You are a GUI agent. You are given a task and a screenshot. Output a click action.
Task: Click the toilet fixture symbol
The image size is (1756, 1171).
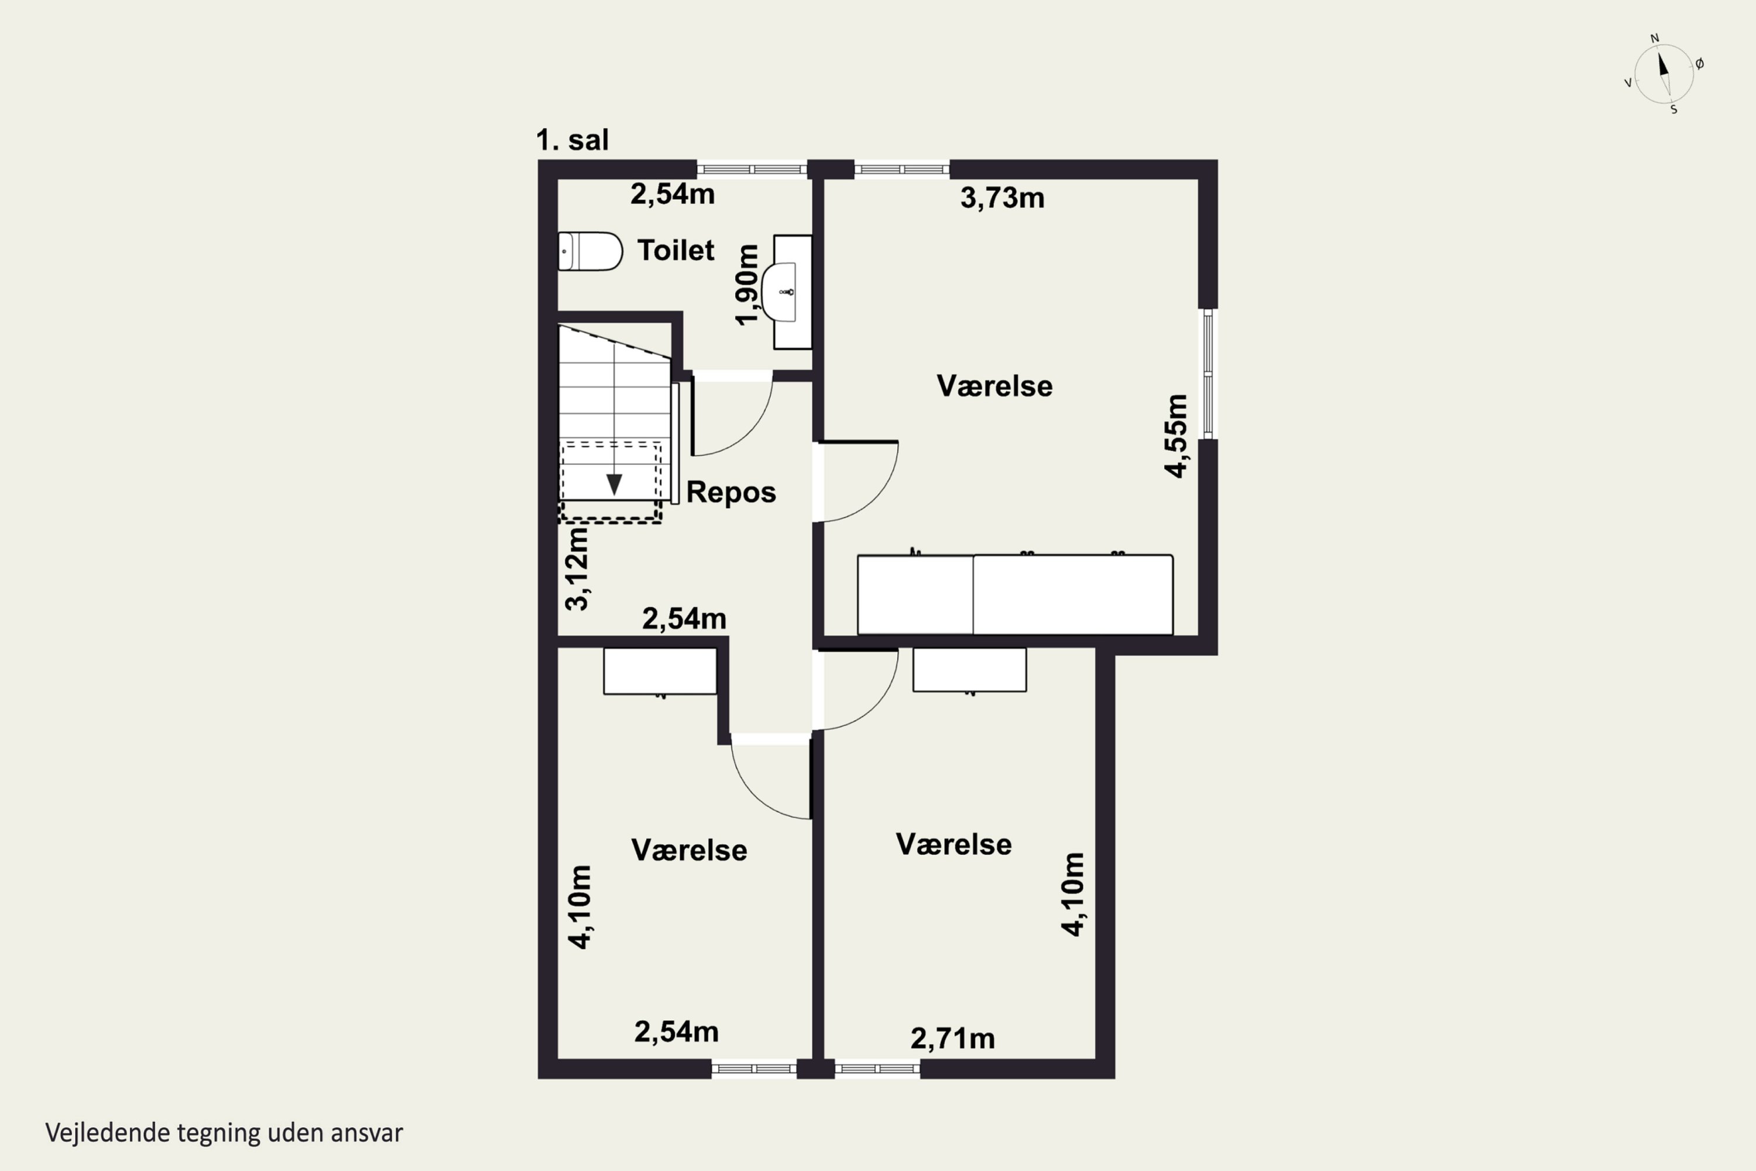(590, 251)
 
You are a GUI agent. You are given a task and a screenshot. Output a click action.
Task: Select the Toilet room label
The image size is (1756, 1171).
(675, 250)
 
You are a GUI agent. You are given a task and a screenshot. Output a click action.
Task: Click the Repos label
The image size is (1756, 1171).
(731, 492)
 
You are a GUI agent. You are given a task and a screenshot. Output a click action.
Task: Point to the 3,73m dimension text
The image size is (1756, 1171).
(1002, 198)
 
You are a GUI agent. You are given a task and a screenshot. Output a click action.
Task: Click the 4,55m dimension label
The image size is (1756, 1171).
(1176, 436)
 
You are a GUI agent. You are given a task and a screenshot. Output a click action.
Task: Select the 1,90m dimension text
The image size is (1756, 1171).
(747, 285)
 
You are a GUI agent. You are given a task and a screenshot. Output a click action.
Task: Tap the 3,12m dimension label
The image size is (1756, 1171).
(577, 569)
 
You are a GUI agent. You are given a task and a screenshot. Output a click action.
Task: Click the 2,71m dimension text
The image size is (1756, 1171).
(953, 1038)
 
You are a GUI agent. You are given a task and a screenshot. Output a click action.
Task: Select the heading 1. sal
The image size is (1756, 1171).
(572, 141)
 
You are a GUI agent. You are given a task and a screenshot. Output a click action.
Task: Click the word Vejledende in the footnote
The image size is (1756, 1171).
(108, 1133)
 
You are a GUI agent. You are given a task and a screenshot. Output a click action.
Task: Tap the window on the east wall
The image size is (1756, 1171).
(1208, 374)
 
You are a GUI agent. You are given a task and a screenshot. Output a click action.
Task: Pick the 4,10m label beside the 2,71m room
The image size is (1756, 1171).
(1073, 894)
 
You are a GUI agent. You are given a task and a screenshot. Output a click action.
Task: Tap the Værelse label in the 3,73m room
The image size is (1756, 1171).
(994, 386)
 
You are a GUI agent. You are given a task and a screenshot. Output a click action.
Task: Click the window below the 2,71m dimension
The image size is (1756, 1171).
(877, 1069)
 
